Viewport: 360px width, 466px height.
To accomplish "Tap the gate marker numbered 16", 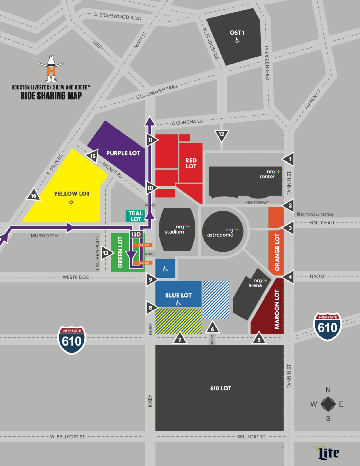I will (34, 195).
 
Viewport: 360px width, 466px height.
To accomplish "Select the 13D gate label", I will (136, 234).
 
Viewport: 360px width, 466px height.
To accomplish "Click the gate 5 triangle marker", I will (259, 339).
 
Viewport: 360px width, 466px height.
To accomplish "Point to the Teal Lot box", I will (135, 216).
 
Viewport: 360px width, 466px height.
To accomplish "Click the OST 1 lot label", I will (237, 33).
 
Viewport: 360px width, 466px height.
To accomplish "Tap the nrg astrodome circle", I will (223, 232).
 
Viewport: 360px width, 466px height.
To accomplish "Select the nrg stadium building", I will (177, 229).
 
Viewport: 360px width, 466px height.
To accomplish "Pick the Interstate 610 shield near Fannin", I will (327, 327).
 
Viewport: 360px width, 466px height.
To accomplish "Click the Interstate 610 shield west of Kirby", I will (72, 340).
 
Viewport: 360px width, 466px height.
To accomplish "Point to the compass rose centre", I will (328, 404).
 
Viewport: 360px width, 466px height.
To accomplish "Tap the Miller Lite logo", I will (328, 453).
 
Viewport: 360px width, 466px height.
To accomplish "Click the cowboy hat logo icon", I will (51, 69).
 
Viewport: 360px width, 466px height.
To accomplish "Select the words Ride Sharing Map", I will (51, 96).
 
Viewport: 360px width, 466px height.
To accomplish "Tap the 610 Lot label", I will (220, 388).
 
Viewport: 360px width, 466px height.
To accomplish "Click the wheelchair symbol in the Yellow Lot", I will (72, 201).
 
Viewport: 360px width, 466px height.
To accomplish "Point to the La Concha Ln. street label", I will (186, 122).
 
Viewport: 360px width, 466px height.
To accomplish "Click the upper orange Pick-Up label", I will (143, 245).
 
